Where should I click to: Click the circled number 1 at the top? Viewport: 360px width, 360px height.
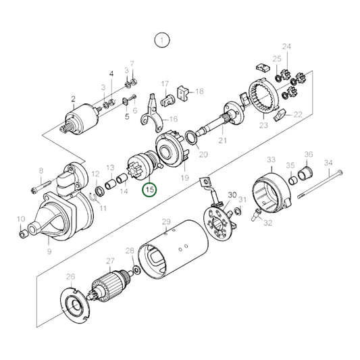pos(161,40)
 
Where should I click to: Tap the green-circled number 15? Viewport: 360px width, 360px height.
pos(149,190)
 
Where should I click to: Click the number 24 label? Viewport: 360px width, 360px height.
pos(286,47)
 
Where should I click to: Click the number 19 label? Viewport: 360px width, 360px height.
pos(185,178)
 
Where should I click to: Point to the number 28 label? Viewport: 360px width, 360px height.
pos(129,251)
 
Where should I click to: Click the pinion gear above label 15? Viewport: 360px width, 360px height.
pos(144,169)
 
